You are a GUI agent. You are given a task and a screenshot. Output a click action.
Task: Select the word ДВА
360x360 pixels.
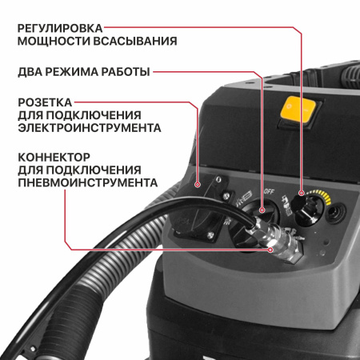(x=32, y=72)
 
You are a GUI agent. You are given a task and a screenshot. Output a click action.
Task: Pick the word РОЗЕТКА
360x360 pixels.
(x=46, y=102)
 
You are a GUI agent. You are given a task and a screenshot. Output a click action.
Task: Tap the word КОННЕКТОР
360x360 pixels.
(x=56, y=157)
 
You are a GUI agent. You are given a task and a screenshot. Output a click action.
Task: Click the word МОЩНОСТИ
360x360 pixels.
(x=55, y=40)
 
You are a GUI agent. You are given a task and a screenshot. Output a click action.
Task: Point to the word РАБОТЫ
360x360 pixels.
(x=127, y=72)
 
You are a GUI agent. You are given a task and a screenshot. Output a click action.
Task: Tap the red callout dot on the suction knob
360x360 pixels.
(x=302, y=193)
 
